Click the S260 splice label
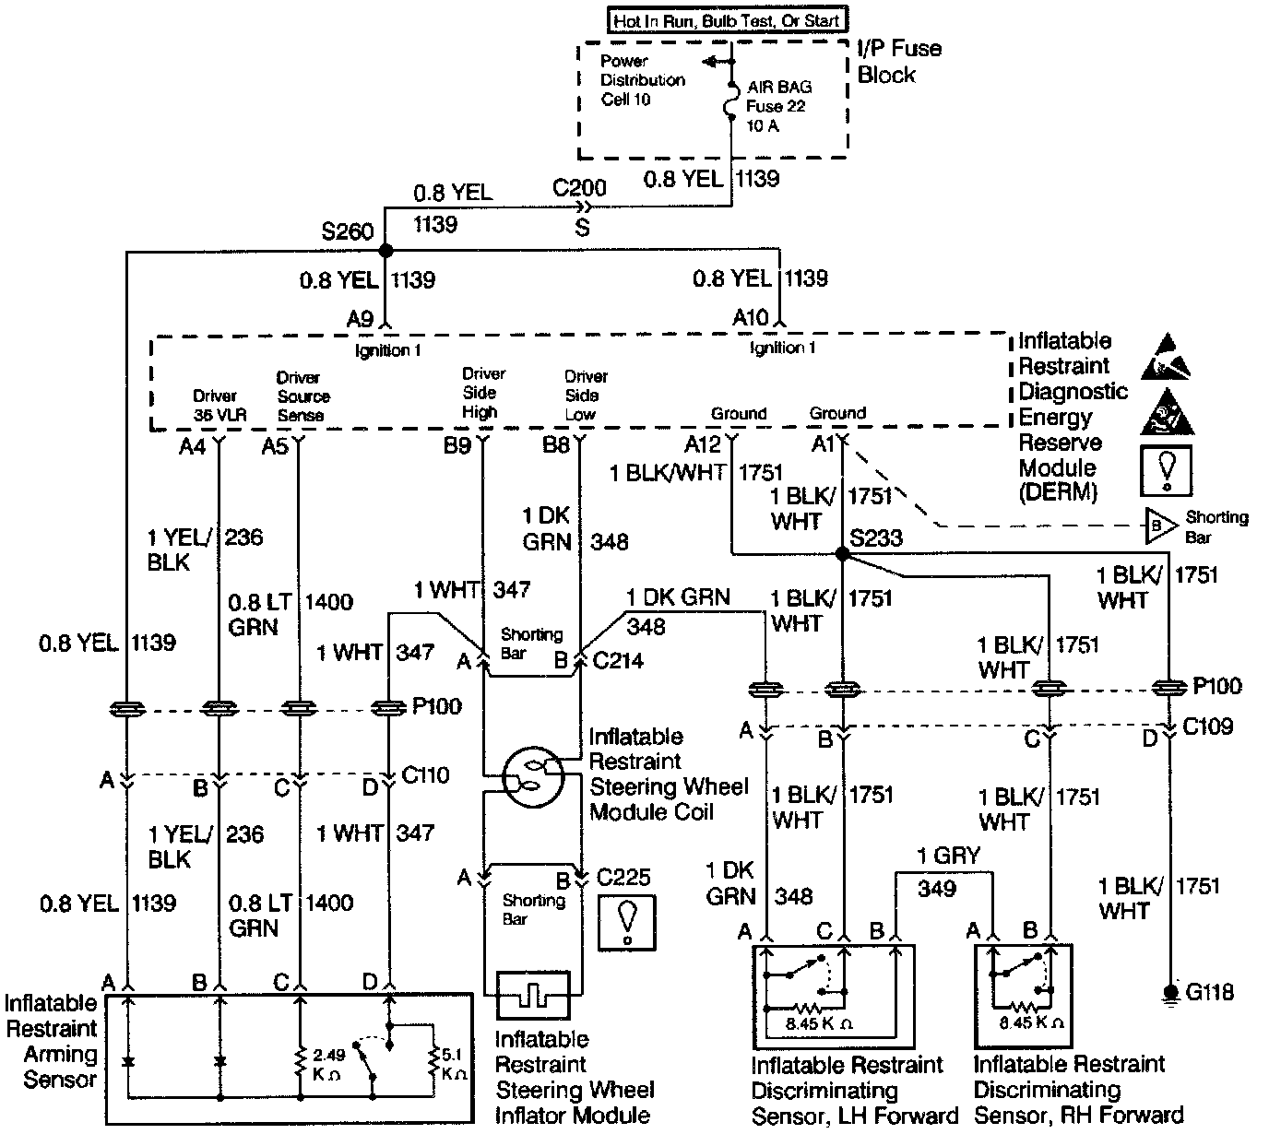[x=347, y=231]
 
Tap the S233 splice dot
[x=841, y=554]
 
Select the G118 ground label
[x=1209, y=993]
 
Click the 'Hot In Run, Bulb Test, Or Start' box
[x=727, y=18]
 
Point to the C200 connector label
[x=579, y=188]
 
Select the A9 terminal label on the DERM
[x=360, y=319]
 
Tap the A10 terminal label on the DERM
[x=750, y=318]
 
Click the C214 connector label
[x=618, y=660]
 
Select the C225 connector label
[x=623, y=877]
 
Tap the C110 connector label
[x=426, y=774]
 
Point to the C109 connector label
[x=1208, y=727]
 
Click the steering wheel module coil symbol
[x=530, y=776]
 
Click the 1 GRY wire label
[x=948, y=856]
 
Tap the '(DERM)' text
[x=1058, y=492]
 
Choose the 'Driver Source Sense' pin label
[x=301, y=396]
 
